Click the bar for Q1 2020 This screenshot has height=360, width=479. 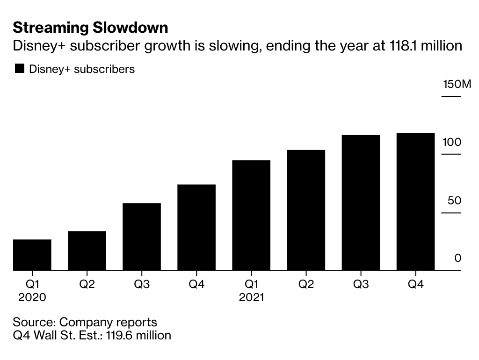(x=32, y=255)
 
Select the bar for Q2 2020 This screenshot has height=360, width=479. (x=87, y=251)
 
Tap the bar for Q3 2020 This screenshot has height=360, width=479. (x=142, y=237)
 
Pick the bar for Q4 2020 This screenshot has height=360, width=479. (x=196, y=227)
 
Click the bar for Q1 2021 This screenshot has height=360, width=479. (x=251, y=215)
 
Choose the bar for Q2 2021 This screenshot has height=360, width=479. (x=306, y=210)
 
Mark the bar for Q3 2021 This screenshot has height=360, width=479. (x=361, y=202)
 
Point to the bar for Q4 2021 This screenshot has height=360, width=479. (x=415, y=202)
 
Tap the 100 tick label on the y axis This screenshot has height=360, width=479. (x=452, y=142)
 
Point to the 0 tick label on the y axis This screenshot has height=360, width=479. (x=458, y=258)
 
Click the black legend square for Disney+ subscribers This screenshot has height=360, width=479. (x=19, y=69)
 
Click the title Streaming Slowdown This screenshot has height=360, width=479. (x=90, y=28)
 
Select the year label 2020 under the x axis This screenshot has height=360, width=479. (x=32, y=297)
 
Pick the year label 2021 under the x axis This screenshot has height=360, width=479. (x=251, y=297)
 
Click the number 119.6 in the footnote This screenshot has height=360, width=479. (x=119, y=335)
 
